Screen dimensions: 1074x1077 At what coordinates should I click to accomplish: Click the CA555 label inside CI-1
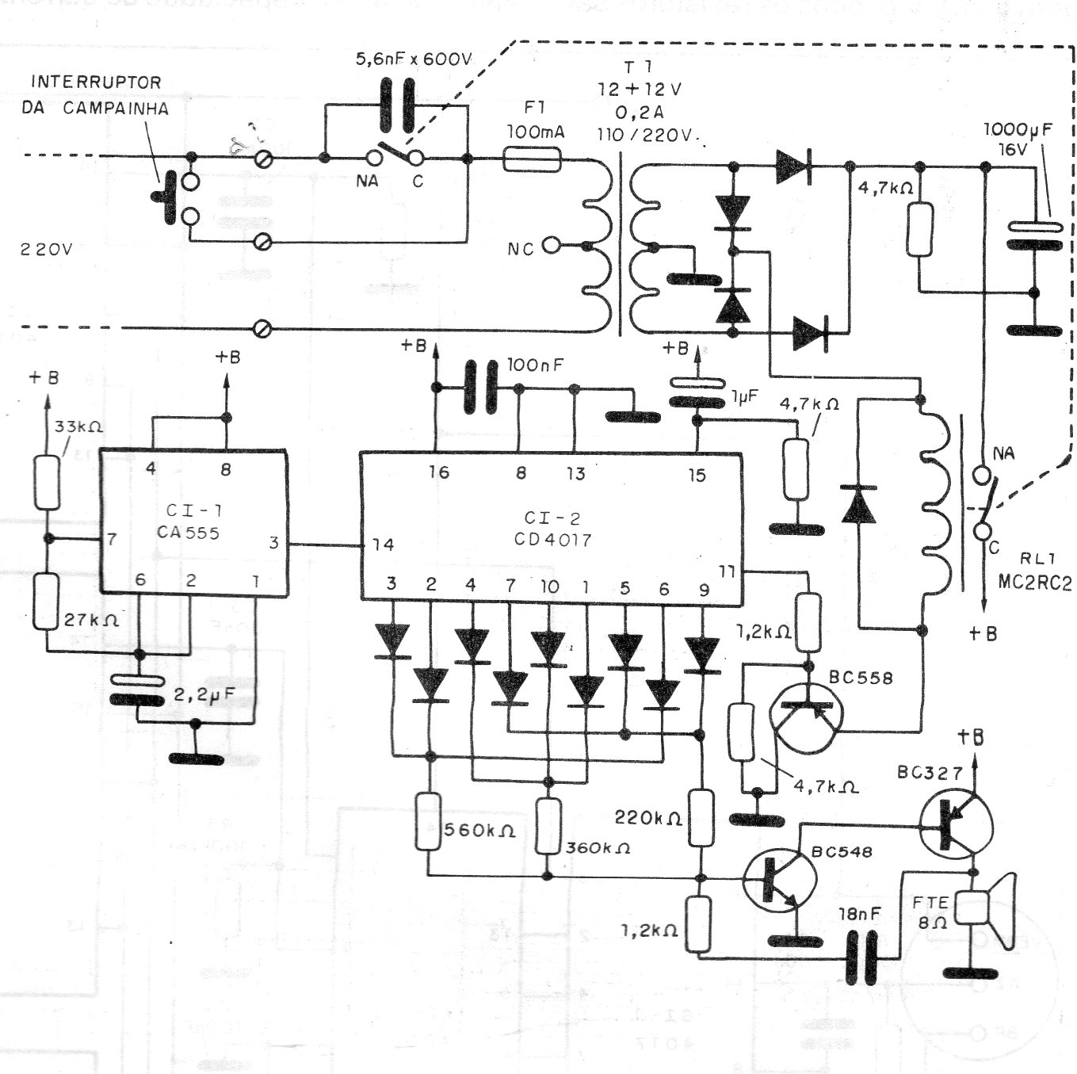(189, 533)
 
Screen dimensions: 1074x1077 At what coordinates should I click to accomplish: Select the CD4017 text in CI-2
(552, 541)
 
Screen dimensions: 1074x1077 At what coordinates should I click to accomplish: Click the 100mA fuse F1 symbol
(533, 161)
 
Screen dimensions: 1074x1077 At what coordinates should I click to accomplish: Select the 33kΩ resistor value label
(78, 426)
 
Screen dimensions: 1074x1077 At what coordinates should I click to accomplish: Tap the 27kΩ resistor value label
(91, 621)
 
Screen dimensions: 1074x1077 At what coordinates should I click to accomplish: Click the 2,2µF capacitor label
(204, 696)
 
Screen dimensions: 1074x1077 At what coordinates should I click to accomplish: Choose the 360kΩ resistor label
(598, 847)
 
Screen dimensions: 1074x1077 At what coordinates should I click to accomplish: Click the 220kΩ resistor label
(648, 817)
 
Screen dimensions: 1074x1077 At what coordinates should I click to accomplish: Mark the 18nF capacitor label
(859, 914)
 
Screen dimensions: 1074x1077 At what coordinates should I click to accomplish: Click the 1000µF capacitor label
(1018, 130)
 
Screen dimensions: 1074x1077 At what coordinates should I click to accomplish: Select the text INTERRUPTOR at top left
(96, 82)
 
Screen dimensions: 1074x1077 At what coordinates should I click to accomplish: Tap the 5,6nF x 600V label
(414, 59)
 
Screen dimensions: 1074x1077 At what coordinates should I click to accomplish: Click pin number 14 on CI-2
(383, 545)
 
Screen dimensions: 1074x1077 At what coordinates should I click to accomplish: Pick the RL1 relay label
(1031, 558)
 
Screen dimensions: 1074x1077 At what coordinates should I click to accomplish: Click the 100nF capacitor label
(536, 365)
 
